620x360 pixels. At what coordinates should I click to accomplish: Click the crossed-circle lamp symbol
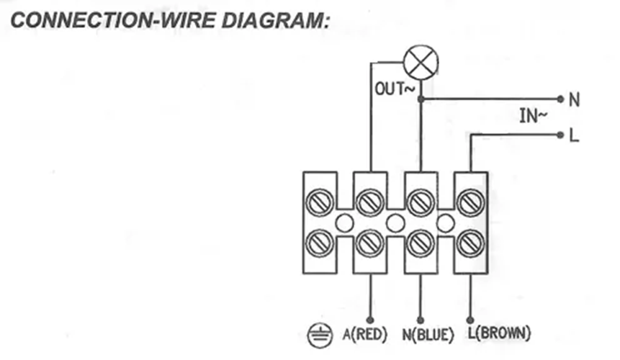(421, 63)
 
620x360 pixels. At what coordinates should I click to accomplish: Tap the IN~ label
(534, 114)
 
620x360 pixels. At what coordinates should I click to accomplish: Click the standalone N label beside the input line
(574, 99)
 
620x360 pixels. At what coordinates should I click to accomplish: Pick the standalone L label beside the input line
(574, 135)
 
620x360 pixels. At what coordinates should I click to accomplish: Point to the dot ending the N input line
(560, 99)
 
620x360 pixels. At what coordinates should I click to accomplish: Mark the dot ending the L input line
(560, 135)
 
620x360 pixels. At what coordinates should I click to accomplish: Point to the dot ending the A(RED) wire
(369, 319)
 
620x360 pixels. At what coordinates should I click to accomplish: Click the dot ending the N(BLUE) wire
(421, 319)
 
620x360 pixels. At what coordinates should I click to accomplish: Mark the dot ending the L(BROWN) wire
(470, 319)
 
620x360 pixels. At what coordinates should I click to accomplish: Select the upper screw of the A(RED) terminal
(369, 202)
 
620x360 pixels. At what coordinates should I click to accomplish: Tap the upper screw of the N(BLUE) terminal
(421, 202)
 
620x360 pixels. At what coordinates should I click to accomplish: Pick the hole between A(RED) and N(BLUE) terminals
(395, 222)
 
